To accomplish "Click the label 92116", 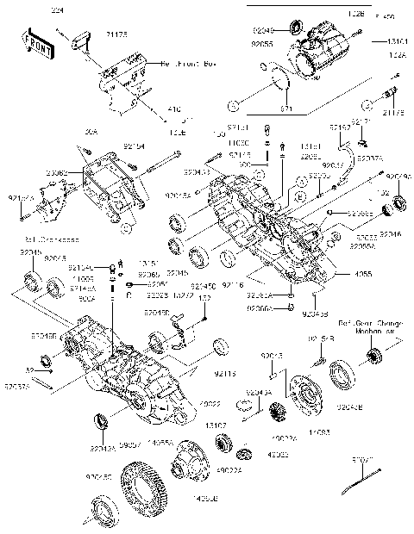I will (233, 283).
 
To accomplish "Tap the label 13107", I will (215, 425).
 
